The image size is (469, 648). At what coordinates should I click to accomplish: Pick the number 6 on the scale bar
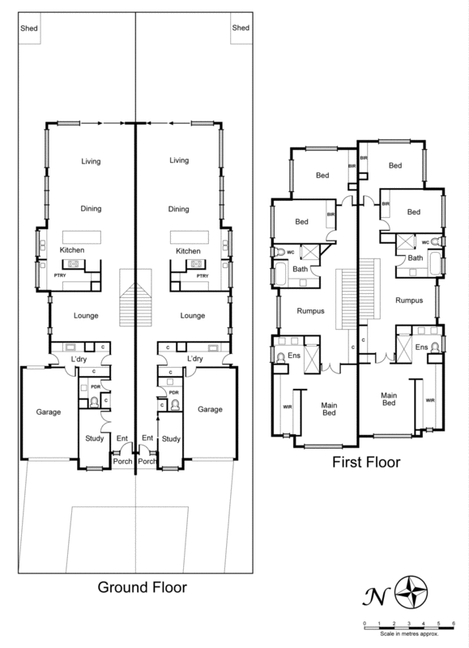click(x=454, y=622)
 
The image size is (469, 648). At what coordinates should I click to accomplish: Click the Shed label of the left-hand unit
click(x=28, y=28)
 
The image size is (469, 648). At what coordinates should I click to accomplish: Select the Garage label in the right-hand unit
click(x=210, y=411)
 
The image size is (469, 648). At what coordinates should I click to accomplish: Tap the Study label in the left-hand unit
click(x=94, y=439)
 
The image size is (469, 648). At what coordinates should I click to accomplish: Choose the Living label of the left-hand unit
click(x=90, y=161)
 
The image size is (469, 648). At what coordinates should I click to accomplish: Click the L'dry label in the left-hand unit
click(x=79, y=358)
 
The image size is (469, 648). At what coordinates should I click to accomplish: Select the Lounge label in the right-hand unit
click(x=192, y=315)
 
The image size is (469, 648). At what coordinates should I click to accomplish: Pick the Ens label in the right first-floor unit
click(x=421, y=347)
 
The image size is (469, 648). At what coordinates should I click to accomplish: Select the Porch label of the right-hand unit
click(x=147, y=462)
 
